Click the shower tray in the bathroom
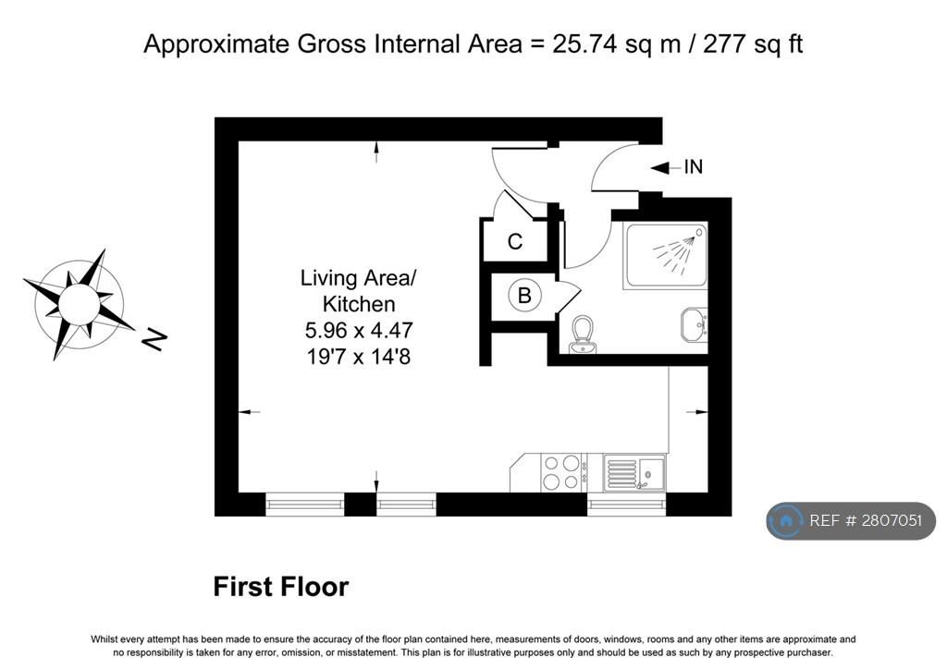pos(665,255)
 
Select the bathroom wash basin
pos(694,324)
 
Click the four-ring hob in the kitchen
pos(562,472)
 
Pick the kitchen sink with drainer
pos(634,473)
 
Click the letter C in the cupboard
pos(514,242)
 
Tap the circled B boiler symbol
pos(524,296)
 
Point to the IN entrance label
pos(694,166)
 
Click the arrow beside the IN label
pos(666,167)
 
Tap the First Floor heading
pos(281,587)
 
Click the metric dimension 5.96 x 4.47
pos(359,331)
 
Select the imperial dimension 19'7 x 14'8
pos(359,357)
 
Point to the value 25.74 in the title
pos(584,44)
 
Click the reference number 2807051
pos(892,520)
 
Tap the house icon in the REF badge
pos(786,520)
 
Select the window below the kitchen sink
pos(626,505)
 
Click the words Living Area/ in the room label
pos(359,278)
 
